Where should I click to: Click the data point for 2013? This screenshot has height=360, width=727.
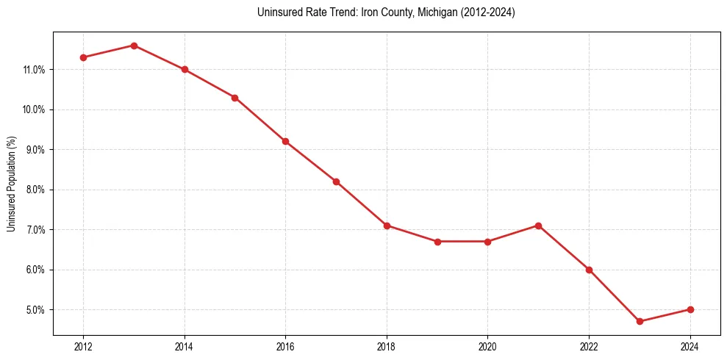pos(134,46)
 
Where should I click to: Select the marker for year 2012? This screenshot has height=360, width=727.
pos(83,57)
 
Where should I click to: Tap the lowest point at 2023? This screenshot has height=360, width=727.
pos(640,321)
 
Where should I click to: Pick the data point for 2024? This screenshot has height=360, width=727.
pos(690,309)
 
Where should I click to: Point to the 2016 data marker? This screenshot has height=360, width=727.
pos(285,141)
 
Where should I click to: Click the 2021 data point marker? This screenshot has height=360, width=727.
pos(538,226)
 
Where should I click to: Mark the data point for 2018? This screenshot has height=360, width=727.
pos(387,226)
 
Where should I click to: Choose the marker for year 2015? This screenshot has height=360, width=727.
pos(234,97)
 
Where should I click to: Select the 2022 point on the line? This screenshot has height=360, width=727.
pos(589,270)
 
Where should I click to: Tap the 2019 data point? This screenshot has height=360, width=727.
pos(437,241)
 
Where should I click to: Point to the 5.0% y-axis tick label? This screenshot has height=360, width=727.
pos(34,310)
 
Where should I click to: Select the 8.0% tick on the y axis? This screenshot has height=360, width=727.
pos(34,190)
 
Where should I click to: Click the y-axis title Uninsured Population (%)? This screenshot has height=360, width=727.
pos(11,184)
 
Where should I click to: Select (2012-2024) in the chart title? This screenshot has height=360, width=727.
pos(485,12)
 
